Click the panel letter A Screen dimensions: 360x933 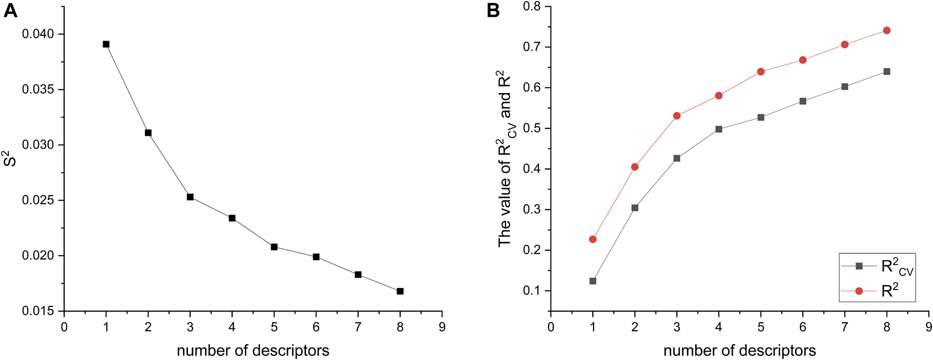pyautogui.click(x=10, y=10)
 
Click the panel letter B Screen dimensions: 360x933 pyautogui.click(x=493, y=10)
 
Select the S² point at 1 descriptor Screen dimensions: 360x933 pyautogui.click(x=106, y=44)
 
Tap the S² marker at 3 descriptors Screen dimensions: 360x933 pyautogui.click(x=190, y=197)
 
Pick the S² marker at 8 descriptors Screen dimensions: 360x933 pyautogui.click(x=400, y=291)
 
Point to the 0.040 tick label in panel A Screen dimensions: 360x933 pyautogui.click(x=38, y=34)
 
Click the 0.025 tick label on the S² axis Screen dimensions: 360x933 pyautogui.click(x=38, y=201)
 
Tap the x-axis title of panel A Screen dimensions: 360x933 pyautogui.click(x=253, y=351)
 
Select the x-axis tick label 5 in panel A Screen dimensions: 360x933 pyautogui.click(x=274, y=327)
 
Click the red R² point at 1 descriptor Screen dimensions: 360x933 pyautogui.click(x=593, y=239)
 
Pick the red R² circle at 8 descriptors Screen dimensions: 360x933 pyautogui.click(x=887, y=31)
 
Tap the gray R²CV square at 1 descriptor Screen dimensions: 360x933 pyautogui.click(x=593, y=281)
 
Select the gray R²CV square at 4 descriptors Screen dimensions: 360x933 pyautogui.click(x=719, y=129)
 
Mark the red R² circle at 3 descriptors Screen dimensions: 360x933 pyautogui.click(x=677, y=116)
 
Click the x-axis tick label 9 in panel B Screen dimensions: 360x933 pyautogui.click(x=928, y=327)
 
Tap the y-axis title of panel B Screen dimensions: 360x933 pyautogui.click(x=507, y=158)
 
